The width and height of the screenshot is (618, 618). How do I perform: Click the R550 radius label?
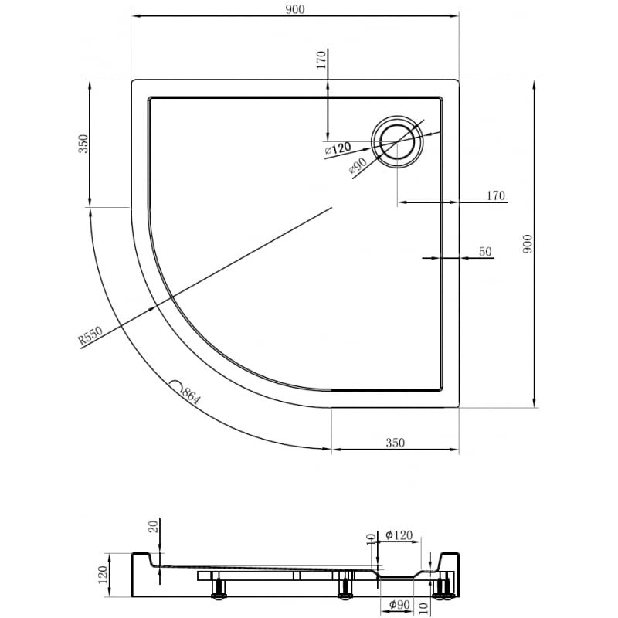point(90,338)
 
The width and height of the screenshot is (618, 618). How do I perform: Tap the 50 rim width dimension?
point(485,251)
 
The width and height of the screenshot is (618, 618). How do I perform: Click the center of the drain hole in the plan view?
point(398,141)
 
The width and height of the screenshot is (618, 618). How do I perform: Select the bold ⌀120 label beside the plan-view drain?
point(338,148)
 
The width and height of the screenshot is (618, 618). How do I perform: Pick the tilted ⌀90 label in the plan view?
point(357,165)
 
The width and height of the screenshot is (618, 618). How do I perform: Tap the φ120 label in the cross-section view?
point(399,535)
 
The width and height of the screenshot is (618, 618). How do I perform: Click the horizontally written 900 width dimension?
point(295,8)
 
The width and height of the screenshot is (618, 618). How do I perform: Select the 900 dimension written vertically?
point(528,245)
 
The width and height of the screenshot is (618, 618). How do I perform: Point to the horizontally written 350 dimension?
point(395,443)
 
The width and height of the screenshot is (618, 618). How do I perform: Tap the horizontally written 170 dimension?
point(495,195)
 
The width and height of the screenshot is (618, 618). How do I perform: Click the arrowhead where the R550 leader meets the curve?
point(157,305)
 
